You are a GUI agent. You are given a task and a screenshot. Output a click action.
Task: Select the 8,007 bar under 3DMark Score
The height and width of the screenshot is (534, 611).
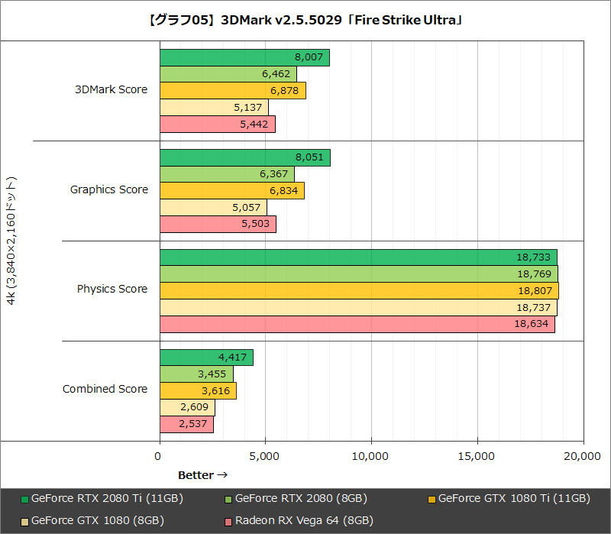pyautogui.click(x=244, y=57)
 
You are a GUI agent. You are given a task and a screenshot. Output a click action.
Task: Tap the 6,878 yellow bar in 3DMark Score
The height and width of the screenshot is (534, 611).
pyautogui.click(x=232, y=91)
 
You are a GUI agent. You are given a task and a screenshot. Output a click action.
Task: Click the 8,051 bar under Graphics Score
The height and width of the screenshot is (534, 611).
pyautogui.click(x=244, y=157)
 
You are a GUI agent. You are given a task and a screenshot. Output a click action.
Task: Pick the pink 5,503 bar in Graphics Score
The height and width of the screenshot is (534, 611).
pyautogui.click(x=218, y=224)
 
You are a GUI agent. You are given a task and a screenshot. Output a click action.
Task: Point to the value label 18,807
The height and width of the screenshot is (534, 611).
pyautogui.click(x=535, y=291)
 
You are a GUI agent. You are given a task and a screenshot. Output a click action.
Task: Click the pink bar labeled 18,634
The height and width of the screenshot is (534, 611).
pyautogui.click(x=357, y=324)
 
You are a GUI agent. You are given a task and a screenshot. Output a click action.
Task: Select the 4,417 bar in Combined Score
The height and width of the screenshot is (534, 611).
pyautogui.click(x=206, y=358)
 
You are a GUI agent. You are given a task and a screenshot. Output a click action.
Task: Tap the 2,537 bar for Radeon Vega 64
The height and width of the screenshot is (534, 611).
pyautogui.click(x=186, y=424)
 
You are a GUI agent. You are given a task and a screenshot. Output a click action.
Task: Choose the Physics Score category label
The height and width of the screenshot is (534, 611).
pyautogui.click(x=112, y=289)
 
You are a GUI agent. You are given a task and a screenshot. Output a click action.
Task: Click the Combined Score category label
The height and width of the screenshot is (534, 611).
pyautogui.click(x=105, y=389)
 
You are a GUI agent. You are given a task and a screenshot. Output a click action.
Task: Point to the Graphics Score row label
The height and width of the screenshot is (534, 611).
pyautogui.click(x=109, y=189)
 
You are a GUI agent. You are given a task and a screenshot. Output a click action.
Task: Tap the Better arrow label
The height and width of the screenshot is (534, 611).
pyautogui.click(x=203, y=475)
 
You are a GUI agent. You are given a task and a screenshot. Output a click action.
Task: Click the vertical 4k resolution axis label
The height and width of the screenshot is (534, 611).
pyautogui.click(x=11, y=241)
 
